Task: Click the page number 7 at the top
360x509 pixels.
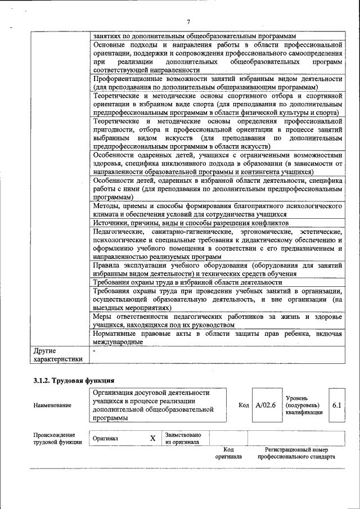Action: click(x=188, y=21)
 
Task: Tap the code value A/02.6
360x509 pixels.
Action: click(x=265, y=405)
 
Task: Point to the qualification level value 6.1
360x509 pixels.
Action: click(x=336, y=405)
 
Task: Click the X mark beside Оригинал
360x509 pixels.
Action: click(x=152, y=438)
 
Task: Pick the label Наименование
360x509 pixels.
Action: click(x=52, y=406)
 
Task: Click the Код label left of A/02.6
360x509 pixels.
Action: click(x=244, y=405)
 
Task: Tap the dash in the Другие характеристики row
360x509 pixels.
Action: click(x=94, y=351)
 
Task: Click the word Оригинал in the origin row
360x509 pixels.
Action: click(x=105, y=439)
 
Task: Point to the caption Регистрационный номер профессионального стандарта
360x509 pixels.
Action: click(x=296, y=453)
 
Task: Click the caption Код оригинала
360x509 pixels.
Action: click(x=228, y=453)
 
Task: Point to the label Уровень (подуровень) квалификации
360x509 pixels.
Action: click(x=304, y=405)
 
